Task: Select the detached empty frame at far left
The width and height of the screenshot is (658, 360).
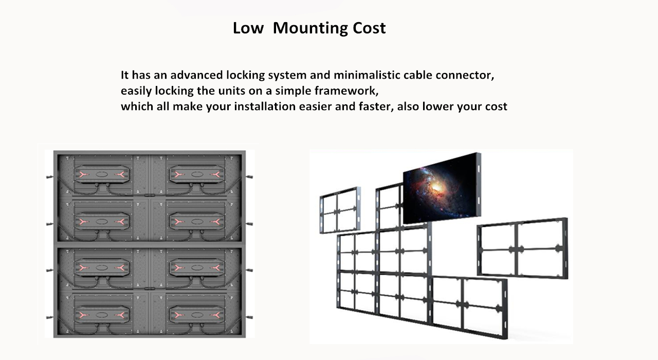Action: pyautogui.click(x=339, y=210)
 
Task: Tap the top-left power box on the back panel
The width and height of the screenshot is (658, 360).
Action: pyautogui.click(x=101, y=175)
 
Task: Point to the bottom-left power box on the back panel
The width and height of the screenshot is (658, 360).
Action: pyautogui.click(x=101, y=314)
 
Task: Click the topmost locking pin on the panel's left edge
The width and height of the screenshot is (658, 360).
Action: pyautogui.click(x=50, y=177)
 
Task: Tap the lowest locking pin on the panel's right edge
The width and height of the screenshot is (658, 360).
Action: pyautogui.click(x=249, y=317)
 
